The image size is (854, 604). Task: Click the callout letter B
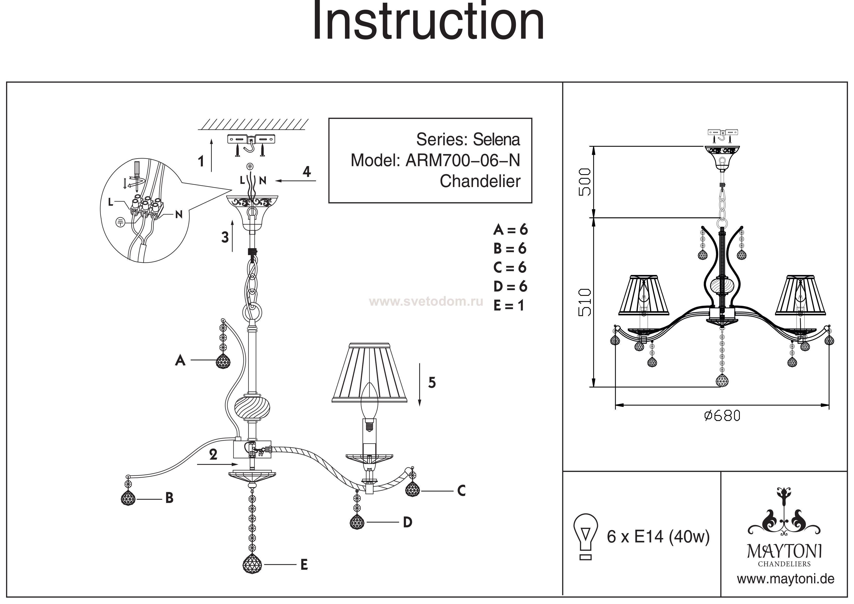(x=169, y=498)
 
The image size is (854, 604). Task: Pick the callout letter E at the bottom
(x=304, y=565)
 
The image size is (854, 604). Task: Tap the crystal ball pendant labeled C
(x=412, y=488)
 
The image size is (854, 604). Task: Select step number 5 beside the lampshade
(x=431, y=383)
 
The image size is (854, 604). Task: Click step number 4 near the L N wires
(x=306, y=171)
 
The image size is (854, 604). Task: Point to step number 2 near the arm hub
(x=213, y=454)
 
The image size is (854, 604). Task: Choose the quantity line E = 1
(x=509, y=306)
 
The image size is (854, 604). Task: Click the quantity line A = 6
(x=510, y=230)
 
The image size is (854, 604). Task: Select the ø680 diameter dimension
(x=722, y=416)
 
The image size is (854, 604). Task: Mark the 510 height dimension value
(x=585, y=302)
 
